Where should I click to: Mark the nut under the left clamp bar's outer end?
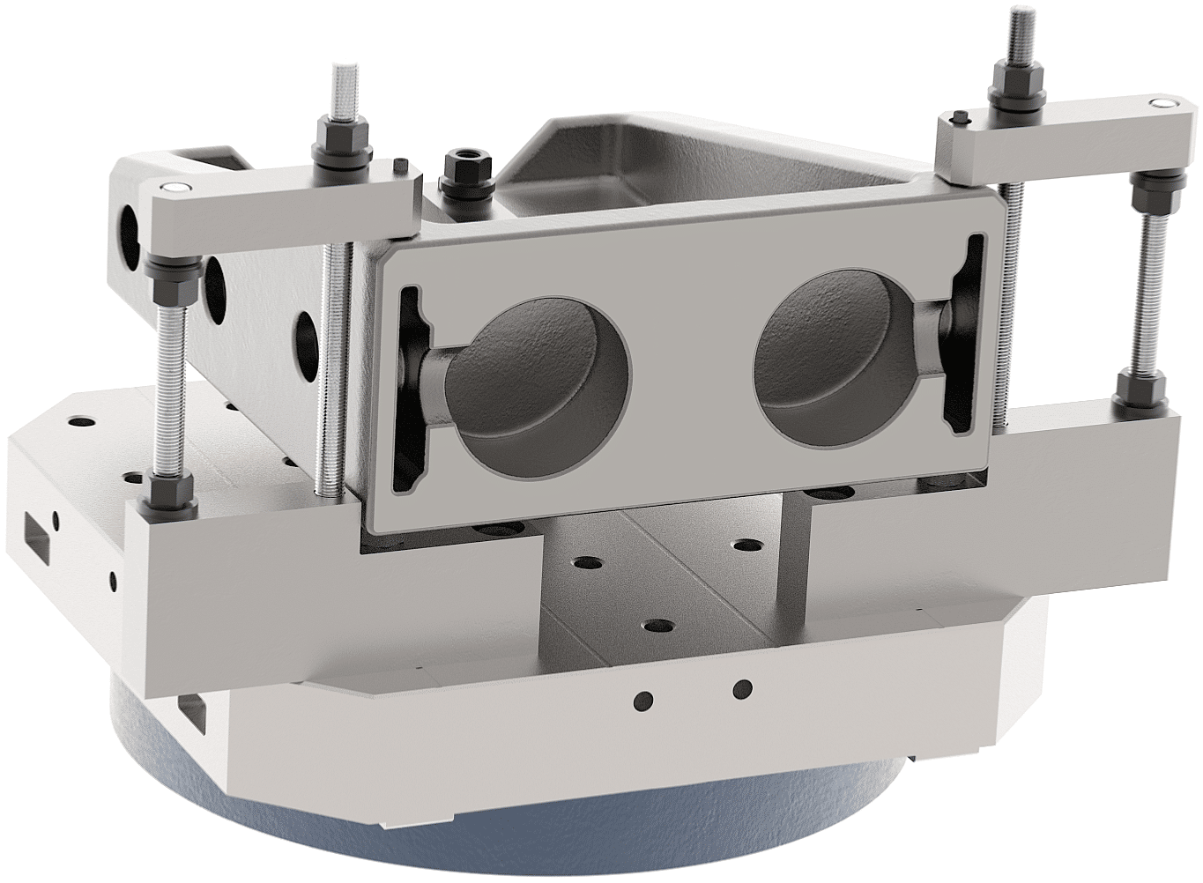click(160, 265)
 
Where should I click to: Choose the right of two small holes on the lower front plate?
click(743, 687)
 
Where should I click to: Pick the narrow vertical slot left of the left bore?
click(408, 388)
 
